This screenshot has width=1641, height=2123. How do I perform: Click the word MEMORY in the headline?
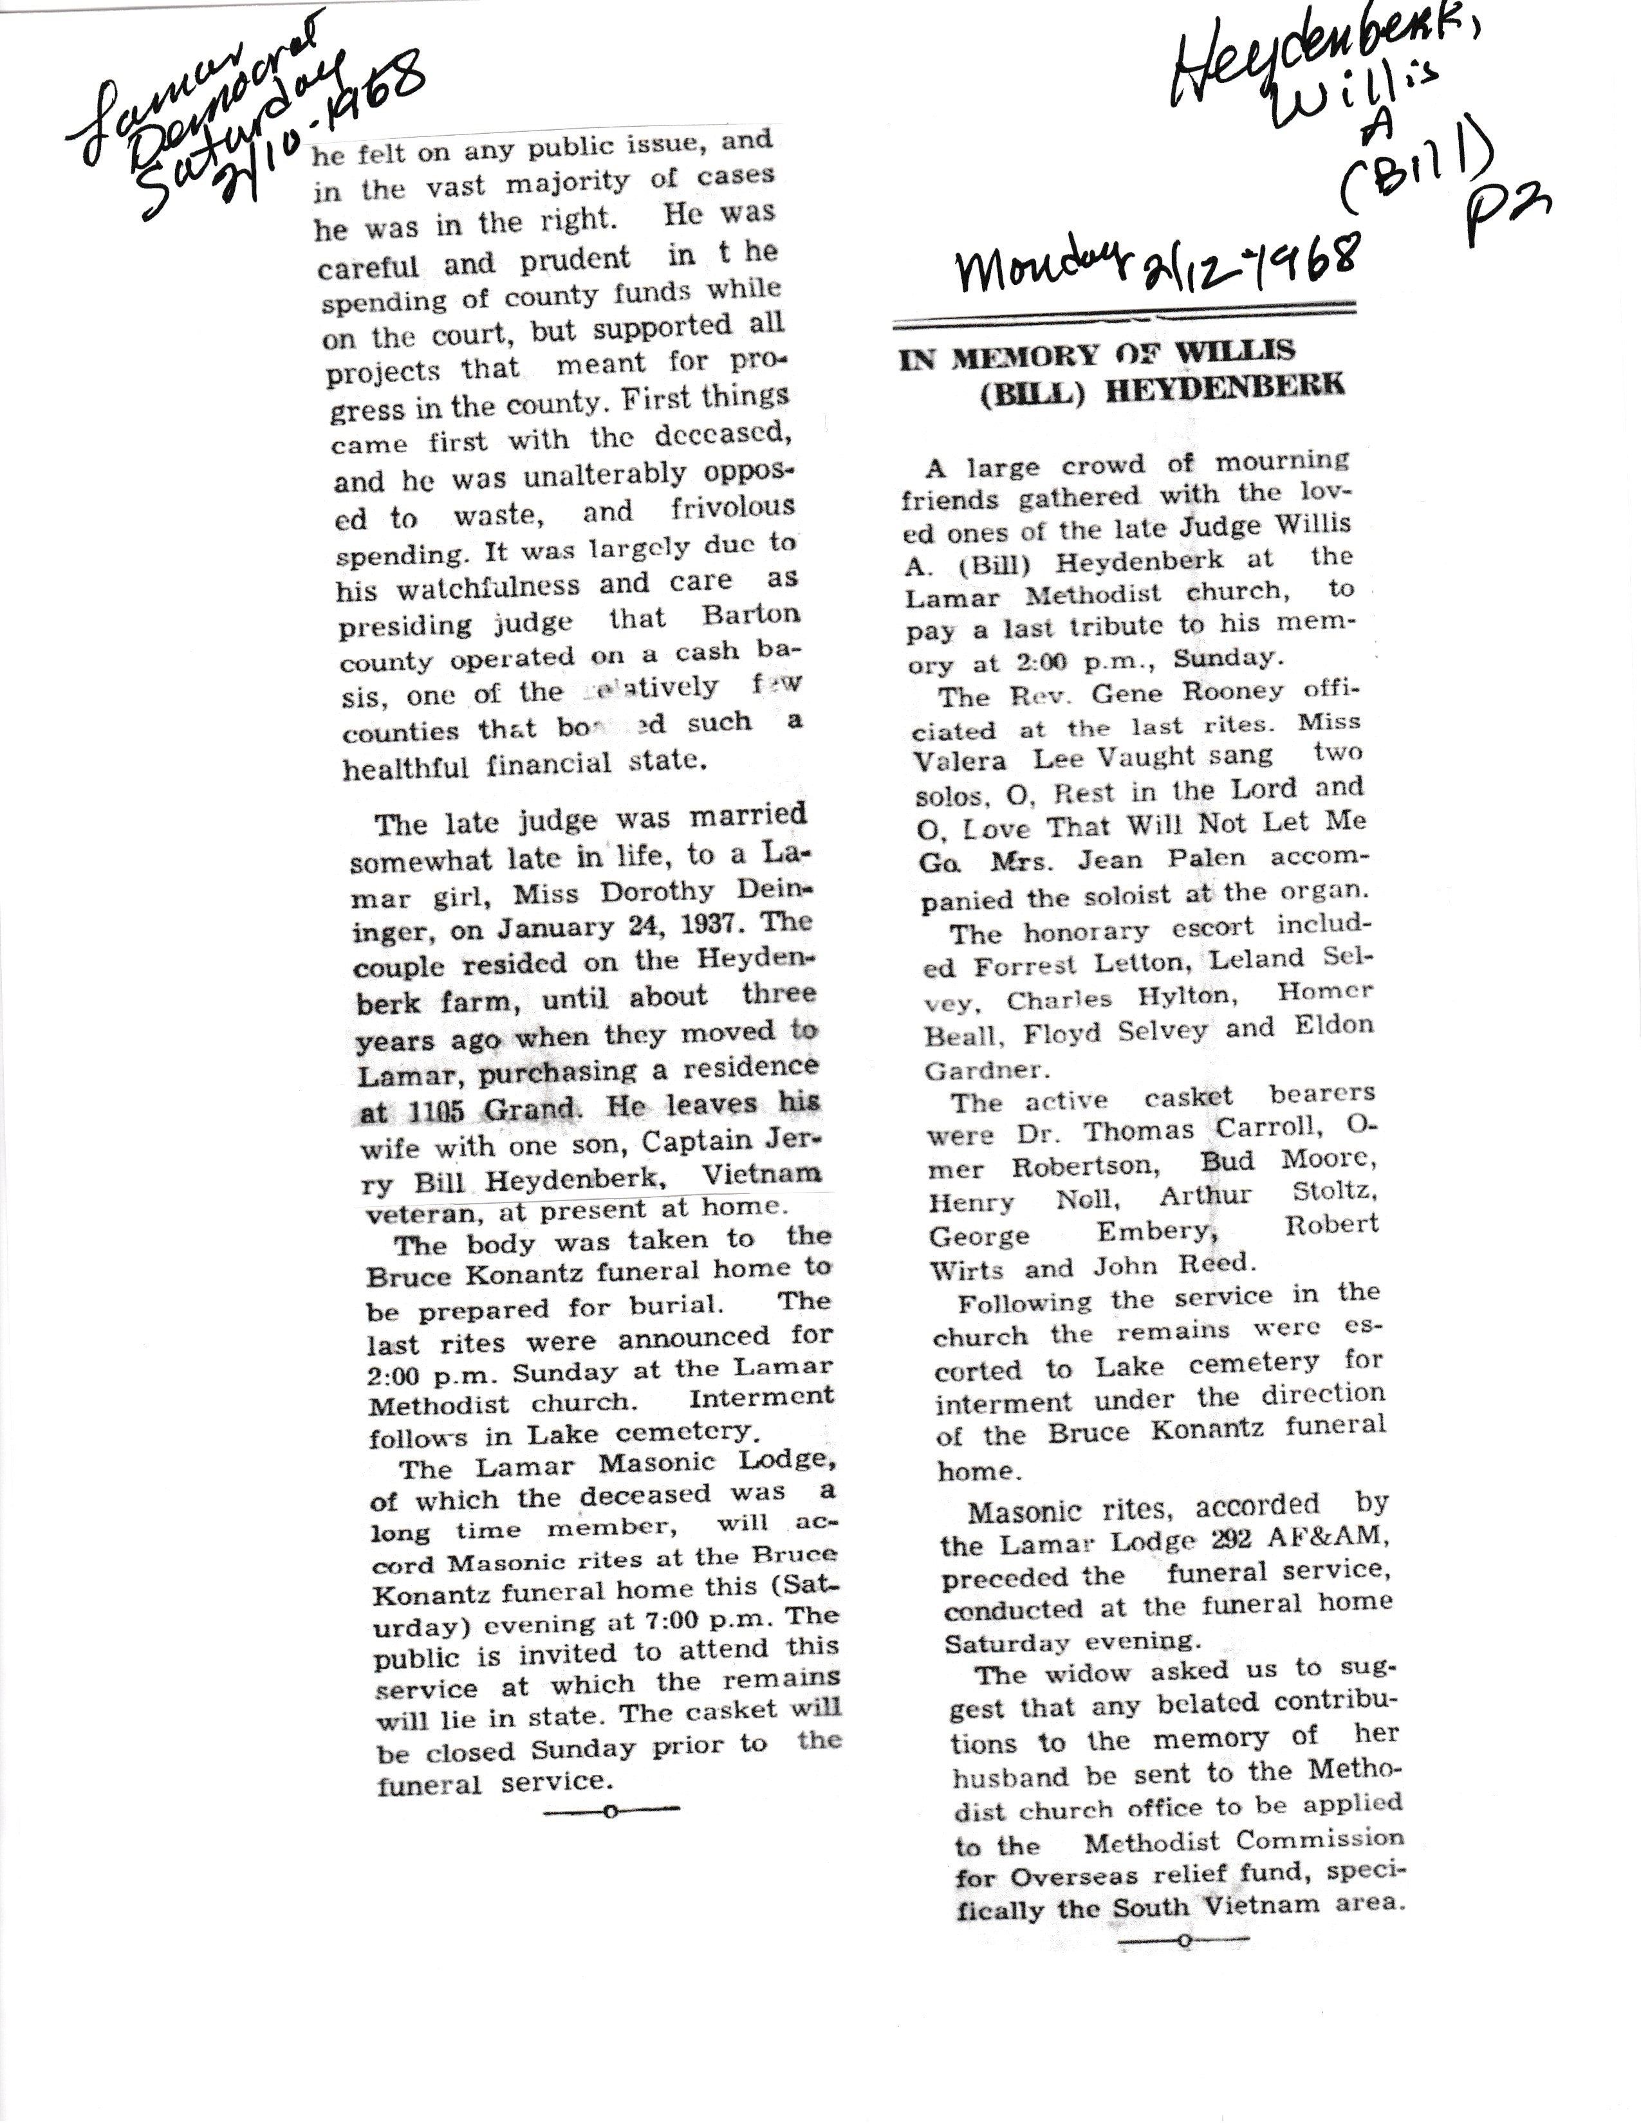[x=1039, y=356]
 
